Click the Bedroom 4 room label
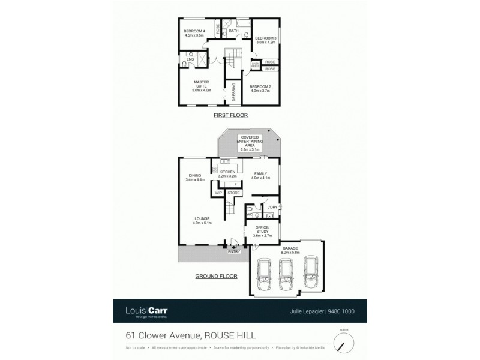coord(194,34)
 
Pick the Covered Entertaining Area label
coord(249,142)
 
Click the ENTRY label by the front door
coord(234,251)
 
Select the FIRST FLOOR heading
coord(231,115)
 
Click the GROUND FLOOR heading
coord(216,277)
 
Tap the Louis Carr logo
coord(148,311)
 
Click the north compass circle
coord(344,344)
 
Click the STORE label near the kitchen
coord(233,193)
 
